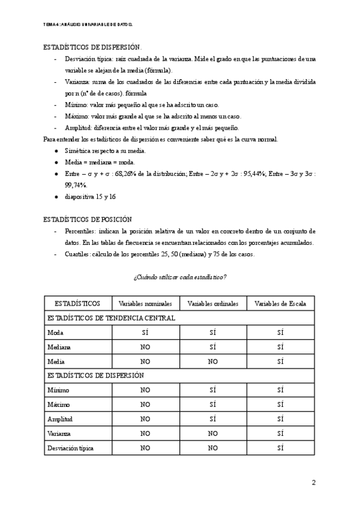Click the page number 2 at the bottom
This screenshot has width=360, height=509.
tap(313, 482)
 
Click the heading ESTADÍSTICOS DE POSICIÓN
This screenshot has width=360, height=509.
tap(88, 220)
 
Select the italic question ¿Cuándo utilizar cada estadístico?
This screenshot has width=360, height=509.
tap(180, 276)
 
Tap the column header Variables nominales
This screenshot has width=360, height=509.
tap(145, 304)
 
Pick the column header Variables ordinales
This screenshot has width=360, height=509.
tap(212, 304)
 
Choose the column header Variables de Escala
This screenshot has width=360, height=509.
tap(280, 304)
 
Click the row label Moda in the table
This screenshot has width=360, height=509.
tap(55, 333)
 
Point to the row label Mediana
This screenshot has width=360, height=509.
tap(59, 347)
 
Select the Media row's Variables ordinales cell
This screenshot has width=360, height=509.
tap(212, 361)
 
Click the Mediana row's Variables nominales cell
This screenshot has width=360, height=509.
tap(145, 347)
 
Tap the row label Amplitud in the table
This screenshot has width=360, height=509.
tap(60, 419)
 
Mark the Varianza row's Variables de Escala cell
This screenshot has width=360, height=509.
tap(280, 433)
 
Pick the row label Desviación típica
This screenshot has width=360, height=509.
tap(70, 448)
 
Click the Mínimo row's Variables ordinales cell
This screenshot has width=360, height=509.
tap(212, 390)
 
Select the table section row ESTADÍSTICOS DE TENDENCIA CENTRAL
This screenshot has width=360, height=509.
tap(111, 318)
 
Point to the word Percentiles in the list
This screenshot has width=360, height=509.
tap(80, 231)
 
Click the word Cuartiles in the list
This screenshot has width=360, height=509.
tap(77, 254)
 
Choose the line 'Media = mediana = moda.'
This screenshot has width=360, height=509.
tap(100, 162)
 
